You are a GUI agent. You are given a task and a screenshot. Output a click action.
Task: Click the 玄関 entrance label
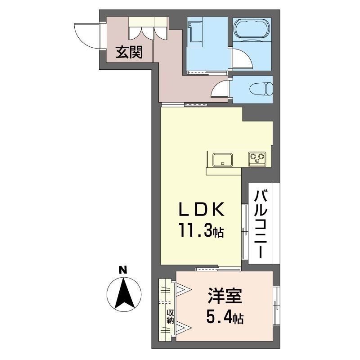pos(130,53)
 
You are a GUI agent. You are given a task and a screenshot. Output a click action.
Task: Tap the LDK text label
pos(201,210)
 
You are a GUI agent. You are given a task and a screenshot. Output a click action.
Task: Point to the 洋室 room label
pos(225,298)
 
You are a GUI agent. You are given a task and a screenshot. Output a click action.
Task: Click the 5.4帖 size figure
pos(225,319)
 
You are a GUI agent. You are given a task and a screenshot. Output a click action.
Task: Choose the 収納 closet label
pos(171,317)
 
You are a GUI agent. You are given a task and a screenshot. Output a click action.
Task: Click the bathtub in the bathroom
pos(252,30)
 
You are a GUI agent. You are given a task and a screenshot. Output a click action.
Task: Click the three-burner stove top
pos(257,158)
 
